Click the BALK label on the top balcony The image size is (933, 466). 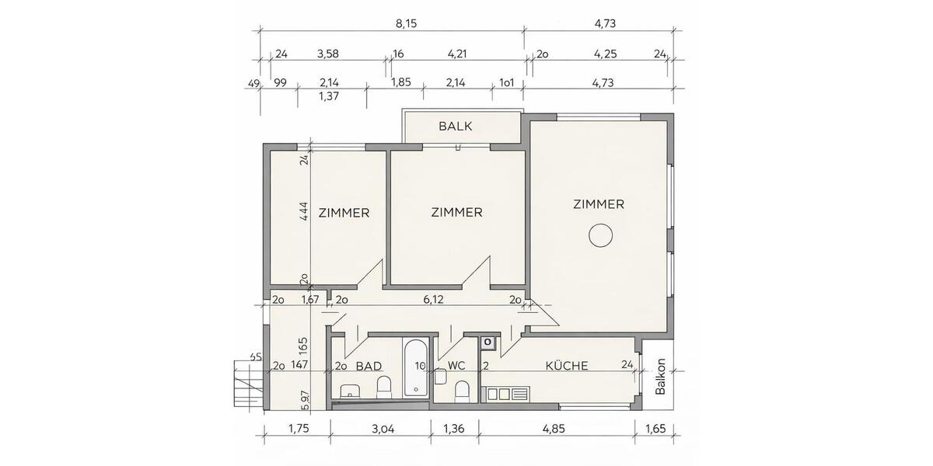[x=456, y=126]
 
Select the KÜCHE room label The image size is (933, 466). [x=566, y=365]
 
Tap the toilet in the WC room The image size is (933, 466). [x=461, y=390]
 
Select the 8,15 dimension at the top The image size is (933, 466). [x=407, y=24]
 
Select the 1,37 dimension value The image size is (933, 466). [x=332, y=96]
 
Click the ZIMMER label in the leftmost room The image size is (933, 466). [x=343, y=212]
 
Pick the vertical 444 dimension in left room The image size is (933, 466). [x=304, y=212]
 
